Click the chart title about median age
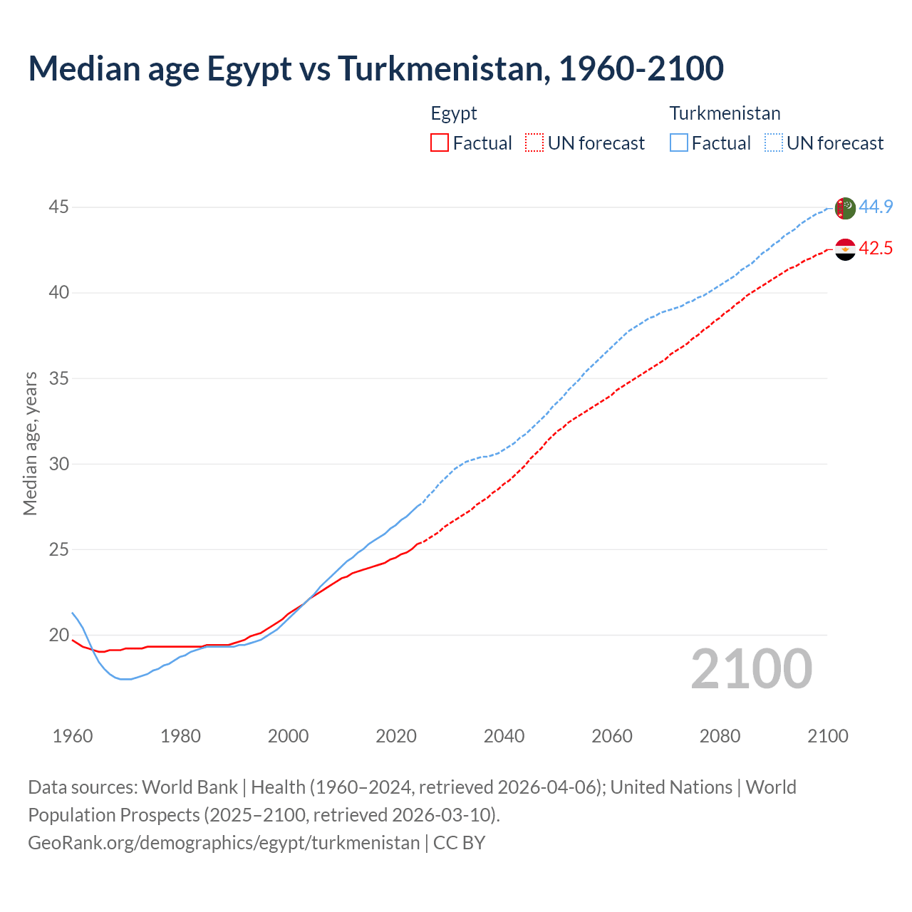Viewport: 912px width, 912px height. pyautogui.click(x=375, y=68)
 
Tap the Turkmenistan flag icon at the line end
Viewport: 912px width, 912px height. pyautogui.click(x=844, y=208)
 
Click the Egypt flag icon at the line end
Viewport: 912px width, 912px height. pyautogui.click(x=844, y=249)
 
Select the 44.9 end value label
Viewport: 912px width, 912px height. pyautogui.click(x=876, y=207)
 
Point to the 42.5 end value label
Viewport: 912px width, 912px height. pyautogui.click(x=876, y=248)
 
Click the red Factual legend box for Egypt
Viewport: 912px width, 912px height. pyautogui.click(x=440, y=143)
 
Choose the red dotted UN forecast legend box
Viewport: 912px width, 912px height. pyautogui.click(x=534, y=143)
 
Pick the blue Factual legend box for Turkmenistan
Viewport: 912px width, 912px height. pyautogui.click(x=678, y=143)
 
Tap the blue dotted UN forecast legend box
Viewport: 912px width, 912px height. pyautogui.click(x=773, y=143)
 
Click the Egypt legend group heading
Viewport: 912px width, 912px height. pyautogui.click(x=454, y=113)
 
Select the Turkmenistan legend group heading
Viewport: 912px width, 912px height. pyautogui.click(x=725, y=113)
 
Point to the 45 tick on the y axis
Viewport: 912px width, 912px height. pyautogui.click(x=58, y=207)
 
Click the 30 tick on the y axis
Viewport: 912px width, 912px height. pyautogui.click(x=58, y=464)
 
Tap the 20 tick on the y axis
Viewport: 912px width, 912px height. pyautogui.click(x=58, y=635)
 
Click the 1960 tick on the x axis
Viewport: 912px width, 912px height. pyautogui.click(x=73, y=736)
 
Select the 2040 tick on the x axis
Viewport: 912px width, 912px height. pyautogui.click(x=504, y=736)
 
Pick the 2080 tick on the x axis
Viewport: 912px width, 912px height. pyautogui.click(x=720, y=736)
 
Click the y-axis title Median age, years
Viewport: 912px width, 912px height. pyautogui.click(x=30, y=443)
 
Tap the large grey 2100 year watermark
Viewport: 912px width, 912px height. pyautogui.click(x=751, y=668)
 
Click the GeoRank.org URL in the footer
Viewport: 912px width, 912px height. pyautogui.click(x=224, y=842)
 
